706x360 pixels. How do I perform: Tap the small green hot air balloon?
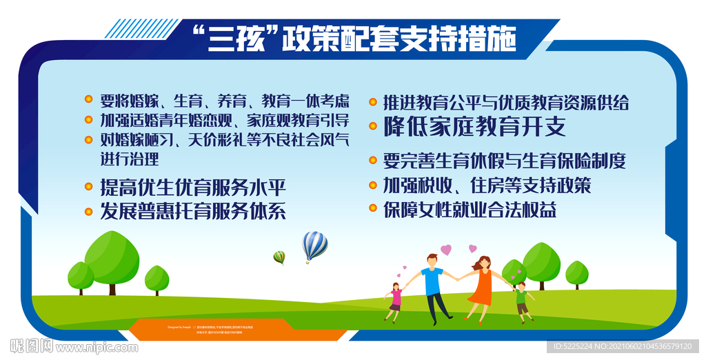click(x=279, y=257)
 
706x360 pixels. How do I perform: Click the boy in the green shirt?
click(x=522, y=300)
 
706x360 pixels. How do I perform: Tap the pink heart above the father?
click(x=446, y=250)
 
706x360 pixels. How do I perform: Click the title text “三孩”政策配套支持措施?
click(x=352, y=38)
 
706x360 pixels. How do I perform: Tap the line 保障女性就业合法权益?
click(x=470, y=210)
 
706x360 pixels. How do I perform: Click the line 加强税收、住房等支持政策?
click(x=487, y=186)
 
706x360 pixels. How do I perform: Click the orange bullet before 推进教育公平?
click(x=372, y=103)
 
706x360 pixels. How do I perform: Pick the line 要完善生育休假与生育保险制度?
click(x=505, y=161)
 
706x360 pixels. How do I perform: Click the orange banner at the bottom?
click(x=238, y=330)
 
